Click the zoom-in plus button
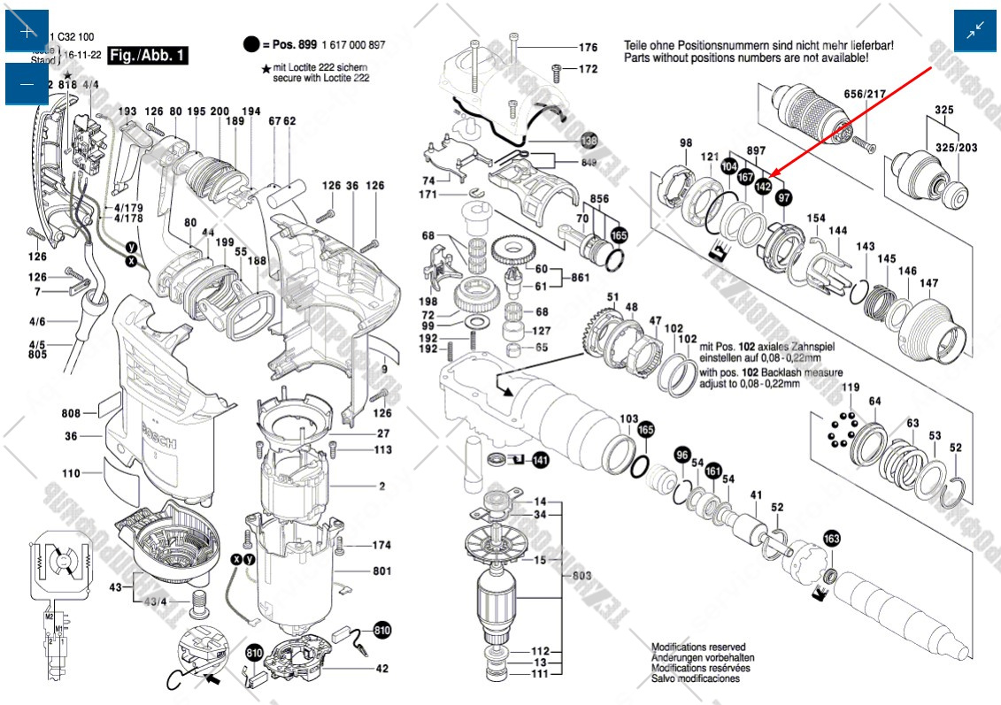coord(27,32)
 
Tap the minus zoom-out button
coord(27,84)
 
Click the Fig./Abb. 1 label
coord(148,56)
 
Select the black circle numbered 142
coord(763,187)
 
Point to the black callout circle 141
coord(540,460)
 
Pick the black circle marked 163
coord(832,538)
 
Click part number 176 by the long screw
coord(588,48)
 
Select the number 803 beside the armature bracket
coord(581,575)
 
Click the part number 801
coord(381,571)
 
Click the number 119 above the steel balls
coord(850,387)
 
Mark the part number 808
coord(72,413)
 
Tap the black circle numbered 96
coord(681,455)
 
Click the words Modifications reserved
coord(698,648)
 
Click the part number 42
coord(381,669)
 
